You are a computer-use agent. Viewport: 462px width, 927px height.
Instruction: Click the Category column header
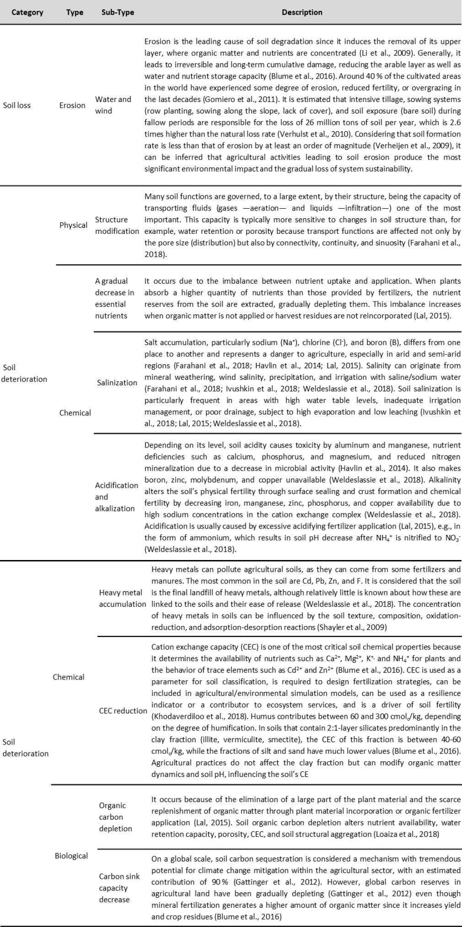tap(27, 12)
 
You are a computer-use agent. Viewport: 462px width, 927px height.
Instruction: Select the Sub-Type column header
tap(118, 12)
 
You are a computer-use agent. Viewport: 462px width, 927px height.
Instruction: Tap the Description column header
tap(302, 12)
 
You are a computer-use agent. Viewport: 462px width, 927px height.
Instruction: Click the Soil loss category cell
tap(17, 105)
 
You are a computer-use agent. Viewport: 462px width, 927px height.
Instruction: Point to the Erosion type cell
tap(72, 105)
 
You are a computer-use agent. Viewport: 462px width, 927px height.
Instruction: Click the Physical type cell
tap(73, 225)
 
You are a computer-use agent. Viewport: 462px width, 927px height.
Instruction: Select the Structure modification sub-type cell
tap(117, 225)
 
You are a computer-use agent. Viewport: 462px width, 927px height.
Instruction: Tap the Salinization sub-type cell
tap(117, 383)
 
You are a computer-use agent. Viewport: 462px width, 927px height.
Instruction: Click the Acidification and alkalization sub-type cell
tap(116, 497)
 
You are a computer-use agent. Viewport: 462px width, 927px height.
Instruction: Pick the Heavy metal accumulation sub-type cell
tap(122, 598)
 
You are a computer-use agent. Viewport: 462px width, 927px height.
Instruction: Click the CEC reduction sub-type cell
tap(123, 711)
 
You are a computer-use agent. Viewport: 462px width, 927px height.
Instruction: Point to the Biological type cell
tap(71, 856)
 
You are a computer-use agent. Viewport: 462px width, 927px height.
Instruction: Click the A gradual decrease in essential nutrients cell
tap(114, 298)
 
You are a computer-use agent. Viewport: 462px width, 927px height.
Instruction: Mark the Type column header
tap(75, 12)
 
